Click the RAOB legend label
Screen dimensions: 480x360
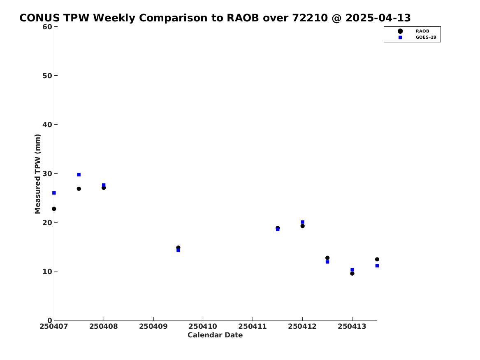tap(422, 31)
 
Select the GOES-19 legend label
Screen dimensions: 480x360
tap(426, 37)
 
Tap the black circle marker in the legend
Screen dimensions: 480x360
tap(400, 31)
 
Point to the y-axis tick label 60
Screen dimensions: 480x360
tap(47, 27)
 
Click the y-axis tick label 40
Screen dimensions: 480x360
tap(47, 125)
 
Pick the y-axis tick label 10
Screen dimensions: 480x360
tap(47, 272)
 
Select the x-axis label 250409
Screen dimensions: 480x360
tap(153, 326)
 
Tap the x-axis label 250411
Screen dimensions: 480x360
tap(253, 326)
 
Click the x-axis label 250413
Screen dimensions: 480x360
tap(352, 326)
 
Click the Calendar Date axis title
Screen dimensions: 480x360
tap(215, 335)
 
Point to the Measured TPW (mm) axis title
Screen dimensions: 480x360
tap(38, 174)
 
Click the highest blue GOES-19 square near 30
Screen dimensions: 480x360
tap(79, 174)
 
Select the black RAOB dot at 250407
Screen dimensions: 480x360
tap(54, 209)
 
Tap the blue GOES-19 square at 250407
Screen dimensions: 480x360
tap(54, 193)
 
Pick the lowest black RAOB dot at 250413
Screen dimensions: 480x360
tap(352, 273)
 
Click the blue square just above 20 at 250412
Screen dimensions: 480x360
tap(302, 222)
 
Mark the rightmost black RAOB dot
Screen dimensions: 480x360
tap(377, 259)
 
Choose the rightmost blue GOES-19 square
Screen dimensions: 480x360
tap(377, 266)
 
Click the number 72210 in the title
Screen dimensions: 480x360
tap(310, 18)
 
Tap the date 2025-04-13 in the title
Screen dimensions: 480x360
tap(378, 18)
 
